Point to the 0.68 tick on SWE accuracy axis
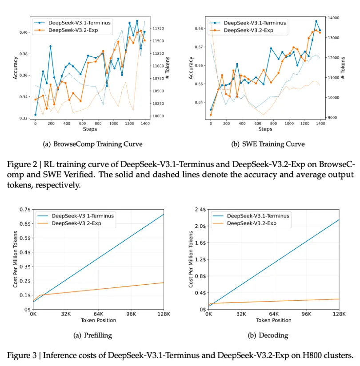(x=198, y=28)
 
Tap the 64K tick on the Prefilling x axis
(x=99, y=314)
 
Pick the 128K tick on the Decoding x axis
(x=339, y=314)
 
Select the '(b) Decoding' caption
(x=268, y=335)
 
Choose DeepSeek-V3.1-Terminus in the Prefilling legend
(x=83, y=216)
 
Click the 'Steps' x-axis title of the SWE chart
(x=265, y=129)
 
